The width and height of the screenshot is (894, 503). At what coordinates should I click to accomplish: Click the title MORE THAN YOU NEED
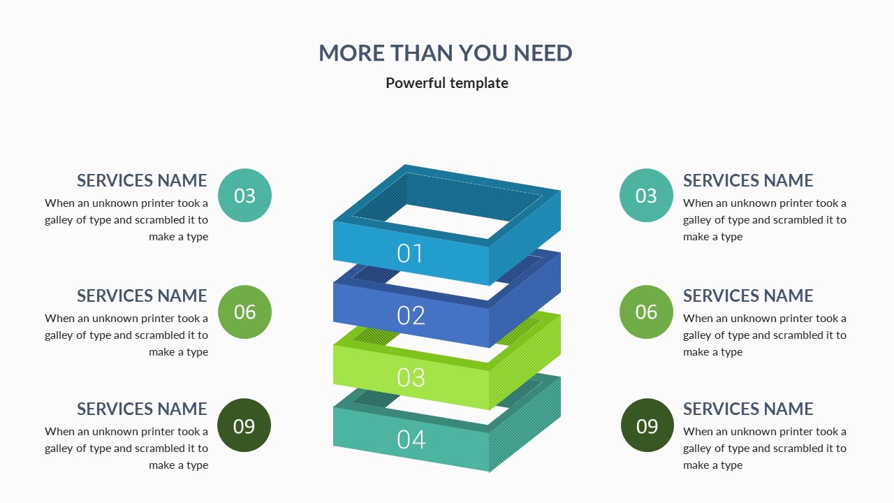(x=446, y=53)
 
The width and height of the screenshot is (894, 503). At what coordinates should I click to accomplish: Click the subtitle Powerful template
(x=447, y=83)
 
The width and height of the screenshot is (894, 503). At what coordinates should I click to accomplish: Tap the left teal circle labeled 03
(x=244, y=196)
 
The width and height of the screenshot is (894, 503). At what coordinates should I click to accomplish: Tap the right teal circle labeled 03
(x=646, y=196)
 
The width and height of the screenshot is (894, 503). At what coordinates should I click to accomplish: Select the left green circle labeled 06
(x=244, y=312)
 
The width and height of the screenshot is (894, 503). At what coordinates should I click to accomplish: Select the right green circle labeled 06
(x=646, y=312)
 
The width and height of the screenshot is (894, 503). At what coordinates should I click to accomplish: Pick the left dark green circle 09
(x=244, y=425)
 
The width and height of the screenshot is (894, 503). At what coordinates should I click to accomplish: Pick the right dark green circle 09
(x=647, y=425)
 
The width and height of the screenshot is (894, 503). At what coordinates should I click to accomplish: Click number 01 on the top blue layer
(x=410, y=254)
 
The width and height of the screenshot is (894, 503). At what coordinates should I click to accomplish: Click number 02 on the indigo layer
(x=411, y=316)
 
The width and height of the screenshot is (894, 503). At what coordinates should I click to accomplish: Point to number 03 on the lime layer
(x=411, y=377)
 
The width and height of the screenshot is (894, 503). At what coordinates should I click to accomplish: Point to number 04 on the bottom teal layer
(x=411, y=439)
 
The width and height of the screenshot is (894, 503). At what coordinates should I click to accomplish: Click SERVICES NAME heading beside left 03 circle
(x=142, y=180)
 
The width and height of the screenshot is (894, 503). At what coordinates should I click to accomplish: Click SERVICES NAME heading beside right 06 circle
(x=748, y=296)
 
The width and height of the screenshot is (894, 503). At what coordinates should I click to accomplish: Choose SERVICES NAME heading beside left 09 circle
(x=142, y=409)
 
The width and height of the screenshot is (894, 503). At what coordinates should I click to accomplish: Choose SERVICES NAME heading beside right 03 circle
(x=748, y=180)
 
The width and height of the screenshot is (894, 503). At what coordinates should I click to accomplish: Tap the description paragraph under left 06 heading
(x=126, y=335)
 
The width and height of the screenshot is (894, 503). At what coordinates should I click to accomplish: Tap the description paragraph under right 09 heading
(x=765, y=449)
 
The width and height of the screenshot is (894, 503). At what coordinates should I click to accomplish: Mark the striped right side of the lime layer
(x=524, y=370)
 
